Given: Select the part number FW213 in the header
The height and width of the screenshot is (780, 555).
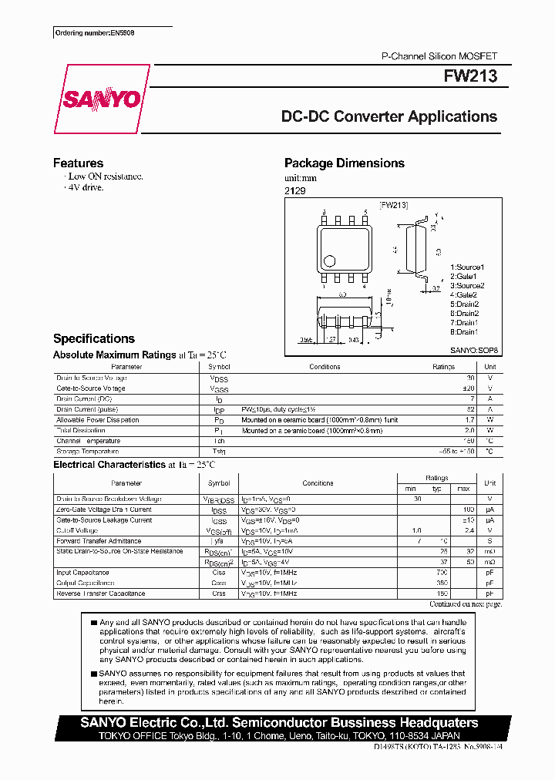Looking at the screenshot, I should click(470, 77).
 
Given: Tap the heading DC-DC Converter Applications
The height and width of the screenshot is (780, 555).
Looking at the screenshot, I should click(389, 117).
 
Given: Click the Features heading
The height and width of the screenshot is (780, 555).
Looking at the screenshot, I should click(78, 163).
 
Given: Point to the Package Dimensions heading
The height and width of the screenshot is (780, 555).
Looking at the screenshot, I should click(344, 163).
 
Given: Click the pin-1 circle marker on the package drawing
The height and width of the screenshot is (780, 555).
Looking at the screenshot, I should click(329, 261).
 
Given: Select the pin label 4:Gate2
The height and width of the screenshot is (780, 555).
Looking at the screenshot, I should click(463, 295).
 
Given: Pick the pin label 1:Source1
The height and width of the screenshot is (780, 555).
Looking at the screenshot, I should click(467, 267).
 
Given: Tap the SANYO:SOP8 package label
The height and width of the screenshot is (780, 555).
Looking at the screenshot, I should click(474, 350).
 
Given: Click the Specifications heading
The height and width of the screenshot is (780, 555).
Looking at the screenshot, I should click(93, 339).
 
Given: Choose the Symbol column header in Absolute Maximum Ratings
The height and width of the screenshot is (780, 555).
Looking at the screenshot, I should click(220, 368).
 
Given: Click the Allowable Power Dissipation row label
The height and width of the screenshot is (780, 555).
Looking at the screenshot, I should click(98, 420).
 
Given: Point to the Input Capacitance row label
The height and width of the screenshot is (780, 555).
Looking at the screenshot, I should click(82, 573).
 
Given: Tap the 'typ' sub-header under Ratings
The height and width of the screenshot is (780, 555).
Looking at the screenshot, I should click(437, 489).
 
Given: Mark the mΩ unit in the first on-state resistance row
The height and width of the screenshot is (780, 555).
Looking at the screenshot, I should click(489, 552).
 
